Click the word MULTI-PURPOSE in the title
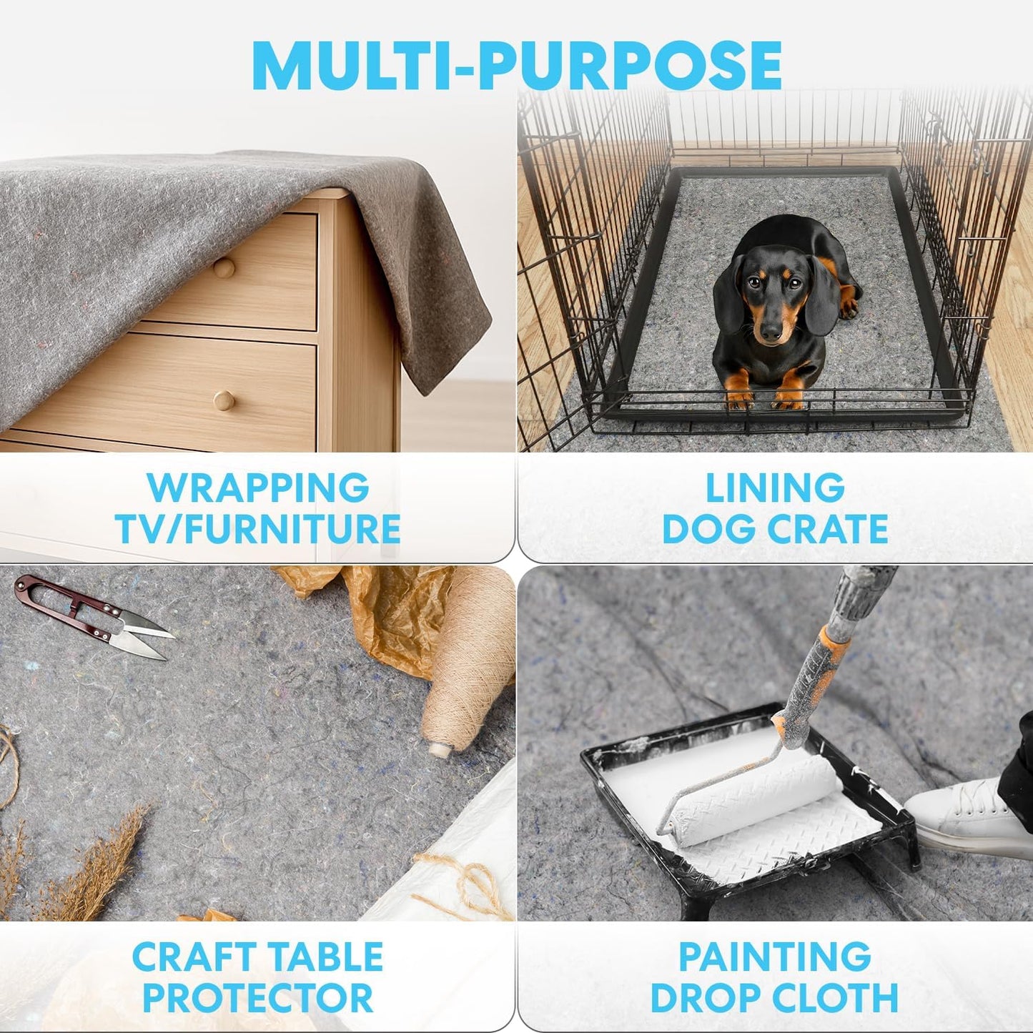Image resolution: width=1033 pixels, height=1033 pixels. pos(516,65)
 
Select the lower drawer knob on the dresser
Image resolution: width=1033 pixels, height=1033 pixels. pos(224,400)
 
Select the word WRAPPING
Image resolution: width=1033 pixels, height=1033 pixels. pos(258,488)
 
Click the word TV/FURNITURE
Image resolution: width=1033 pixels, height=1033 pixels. pos(258,528)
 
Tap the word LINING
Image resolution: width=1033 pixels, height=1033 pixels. pos(775,488)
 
